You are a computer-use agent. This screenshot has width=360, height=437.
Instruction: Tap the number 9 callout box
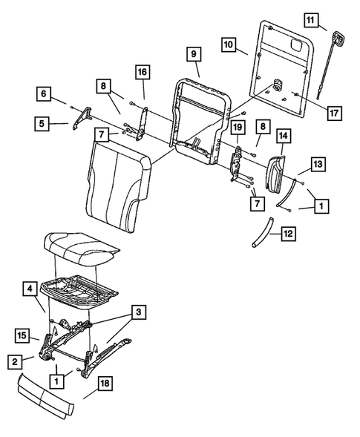192,54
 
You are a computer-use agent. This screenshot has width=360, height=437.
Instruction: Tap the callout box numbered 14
284,136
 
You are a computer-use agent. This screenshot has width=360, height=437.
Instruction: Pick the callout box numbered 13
317,162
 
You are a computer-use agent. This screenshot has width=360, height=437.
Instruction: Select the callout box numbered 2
13,362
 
